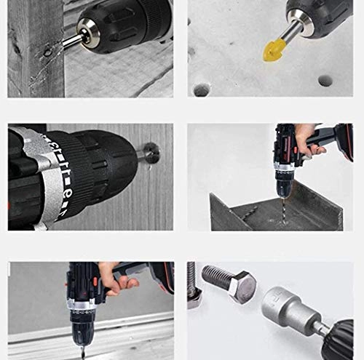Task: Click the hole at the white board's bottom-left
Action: click(201, 89)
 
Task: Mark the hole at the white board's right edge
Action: click(325, 80)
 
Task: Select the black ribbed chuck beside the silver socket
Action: click(339, 338)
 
